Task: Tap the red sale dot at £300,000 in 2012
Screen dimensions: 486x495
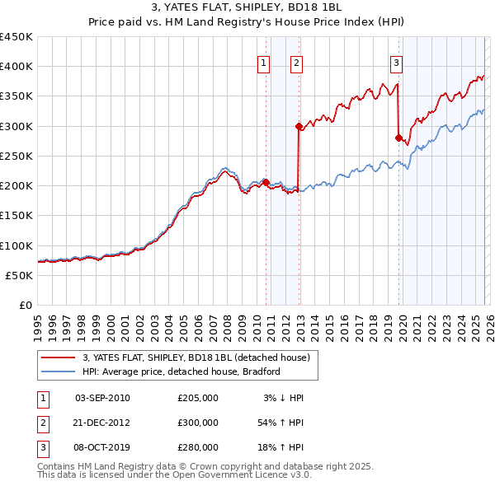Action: (299, 126)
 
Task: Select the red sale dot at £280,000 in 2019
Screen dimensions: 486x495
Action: (398, 138)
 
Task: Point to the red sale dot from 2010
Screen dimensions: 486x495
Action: (266, 182)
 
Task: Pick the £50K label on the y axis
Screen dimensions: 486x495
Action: (20, 276)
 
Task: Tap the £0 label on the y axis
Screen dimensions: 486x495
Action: (26, 306)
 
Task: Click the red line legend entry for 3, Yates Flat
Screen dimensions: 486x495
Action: (196, 357)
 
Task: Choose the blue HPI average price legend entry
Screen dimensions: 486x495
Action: (181, 372)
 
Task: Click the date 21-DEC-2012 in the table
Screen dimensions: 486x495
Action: (101, 422)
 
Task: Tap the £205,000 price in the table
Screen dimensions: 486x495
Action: (198, 398)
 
